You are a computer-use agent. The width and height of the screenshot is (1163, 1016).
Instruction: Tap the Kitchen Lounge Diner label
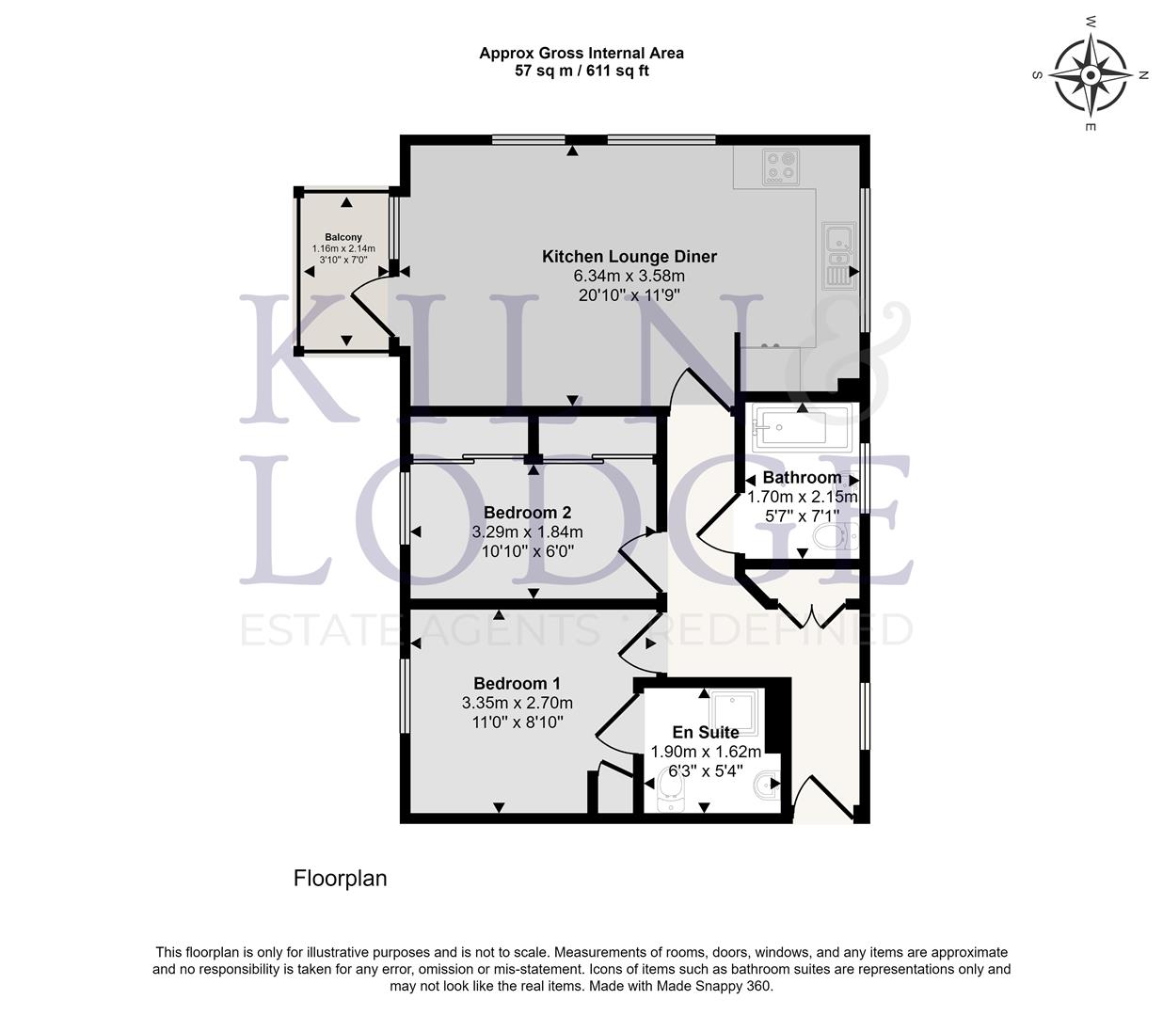(x=629, y=257)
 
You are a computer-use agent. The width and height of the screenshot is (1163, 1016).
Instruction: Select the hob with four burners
(x=780, y=166)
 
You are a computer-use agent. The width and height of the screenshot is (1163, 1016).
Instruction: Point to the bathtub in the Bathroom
(x=799, y=428)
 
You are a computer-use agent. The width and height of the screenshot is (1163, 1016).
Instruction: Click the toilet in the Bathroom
(x=833, y=538)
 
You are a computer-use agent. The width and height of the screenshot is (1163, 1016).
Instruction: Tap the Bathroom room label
(x=802, y=478)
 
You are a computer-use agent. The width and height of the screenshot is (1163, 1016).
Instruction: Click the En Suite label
(x=705, y=732)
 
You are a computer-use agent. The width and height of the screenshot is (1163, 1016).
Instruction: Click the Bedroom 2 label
(x=527, y=513)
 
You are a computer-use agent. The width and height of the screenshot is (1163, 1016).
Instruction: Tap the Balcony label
(x=343, y=237)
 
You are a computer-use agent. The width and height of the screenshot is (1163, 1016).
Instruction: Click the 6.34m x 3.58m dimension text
(x=629, y=277)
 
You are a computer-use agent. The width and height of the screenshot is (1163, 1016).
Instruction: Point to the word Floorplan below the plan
(x=340, y=879)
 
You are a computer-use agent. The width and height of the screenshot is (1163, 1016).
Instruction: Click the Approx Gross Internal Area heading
(x=581, y=53)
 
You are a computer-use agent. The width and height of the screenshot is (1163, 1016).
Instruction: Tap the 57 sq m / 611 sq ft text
(x=581, y=71)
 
